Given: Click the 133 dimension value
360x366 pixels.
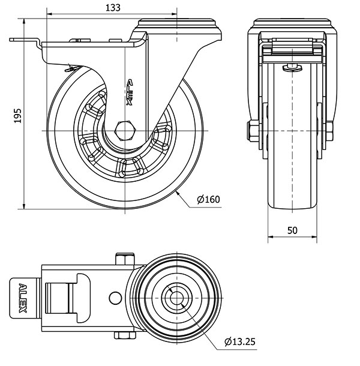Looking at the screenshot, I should pos(112,7).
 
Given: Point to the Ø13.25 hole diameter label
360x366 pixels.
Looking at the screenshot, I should pos(240,342).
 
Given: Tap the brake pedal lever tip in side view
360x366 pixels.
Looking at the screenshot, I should pos(13,41).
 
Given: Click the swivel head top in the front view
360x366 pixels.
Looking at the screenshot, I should pos(292,22).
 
